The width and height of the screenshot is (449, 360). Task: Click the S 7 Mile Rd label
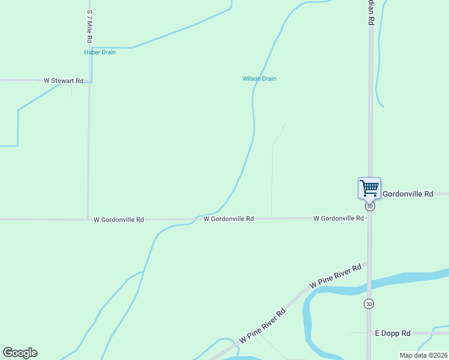89,26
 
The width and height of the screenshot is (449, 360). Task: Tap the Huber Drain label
100,52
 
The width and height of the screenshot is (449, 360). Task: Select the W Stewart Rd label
63,80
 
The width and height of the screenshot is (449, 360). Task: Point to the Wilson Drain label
259,79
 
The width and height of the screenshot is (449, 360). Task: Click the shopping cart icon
369,187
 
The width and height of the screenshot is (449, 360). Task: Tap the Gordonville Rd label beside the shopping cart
408,194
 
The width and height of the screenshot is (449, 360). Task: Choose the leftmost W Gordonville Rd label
119,220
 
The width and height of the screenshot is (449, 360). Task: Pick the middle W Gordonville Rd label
229,219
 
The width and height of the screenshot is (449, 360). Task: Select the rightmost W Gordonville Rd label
339,218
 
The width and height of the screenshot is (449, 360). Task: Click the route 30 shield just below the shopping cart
370,206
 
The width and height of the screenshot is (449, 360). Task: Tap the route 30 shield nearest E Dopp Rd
369,304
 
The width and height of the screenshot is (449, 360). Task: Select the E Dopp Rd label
393,333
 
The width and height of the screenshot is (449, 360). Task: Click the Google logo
20,353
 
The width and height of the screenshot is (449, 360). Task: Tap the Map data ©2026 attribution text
423,355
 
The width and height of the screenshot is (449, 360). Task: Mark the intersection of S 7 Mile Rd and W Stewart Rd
89,80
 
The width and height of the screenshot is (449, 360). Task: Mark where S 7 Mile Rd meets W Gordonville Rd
88,220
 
